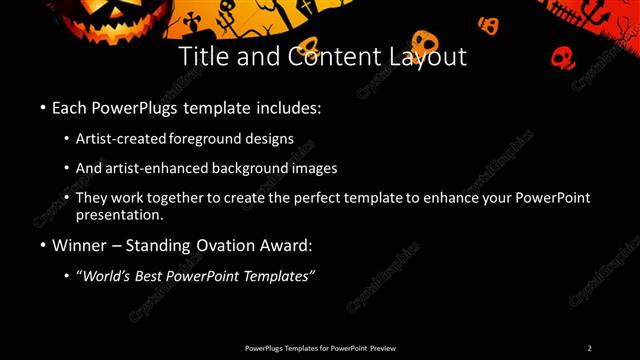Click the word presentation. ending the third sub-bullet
pos(120,215)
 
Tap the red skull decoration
pos(563,56)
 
